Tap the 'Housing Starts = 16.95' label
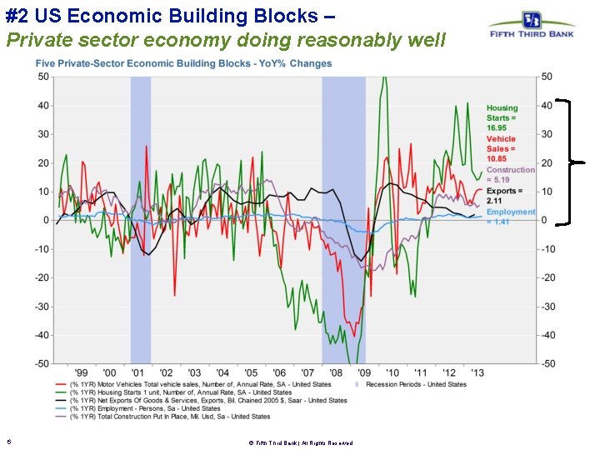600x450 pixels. (502, 117)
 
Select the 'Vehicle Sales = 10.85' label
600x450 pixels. (501, 148)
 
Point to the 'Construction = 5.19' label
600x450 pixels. (510, 174)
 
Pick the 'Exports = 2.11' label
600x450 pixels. (504, 196)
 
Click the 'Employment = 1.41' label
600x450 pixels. (510, 217)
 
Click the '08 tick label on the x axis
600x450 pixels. (336, 372)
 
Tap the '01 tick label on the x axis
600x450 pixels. (138, 372)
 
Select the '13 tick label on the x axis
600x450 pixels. (477, 372)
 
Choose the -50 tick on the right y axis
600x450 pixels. (547, 363)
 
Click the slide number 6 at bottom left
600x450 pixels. (8, 442)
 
